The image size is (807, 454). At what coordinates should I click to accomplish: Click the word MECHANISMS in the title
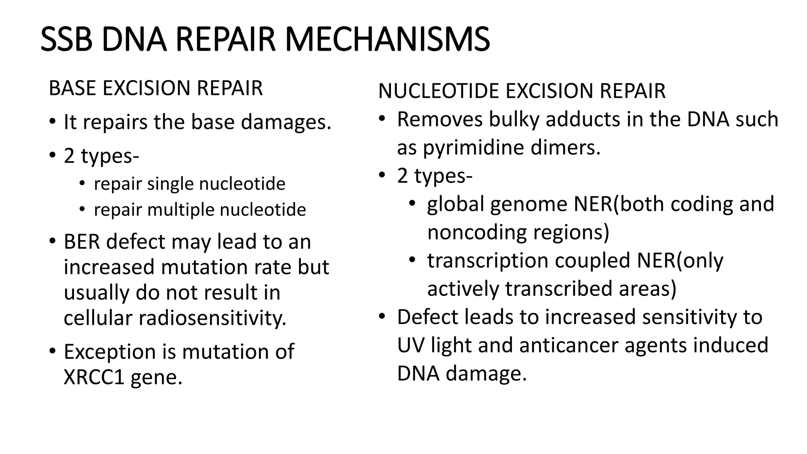(387, 39)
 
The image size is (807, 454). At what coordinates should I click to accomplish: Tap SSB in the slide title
(66, 39)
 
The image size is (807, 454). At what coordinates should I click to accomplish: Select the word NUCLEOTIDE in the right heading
(438, 91)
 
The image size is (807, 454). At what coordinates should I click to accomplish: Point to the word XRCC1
(94, 377)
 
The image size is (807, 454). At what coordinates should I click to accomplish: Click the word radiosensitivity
(212, 318)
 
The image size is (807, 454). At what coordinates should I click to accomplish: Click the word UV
(411, 345)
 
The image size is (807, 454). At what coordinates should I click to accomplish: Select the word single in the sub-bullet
(170, 184)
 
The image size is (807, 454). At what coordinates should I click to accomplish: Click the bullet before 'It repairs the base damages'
(53, 122)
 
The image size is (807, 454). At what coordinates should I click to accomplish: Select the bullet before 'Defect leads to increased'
(381, 317)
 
